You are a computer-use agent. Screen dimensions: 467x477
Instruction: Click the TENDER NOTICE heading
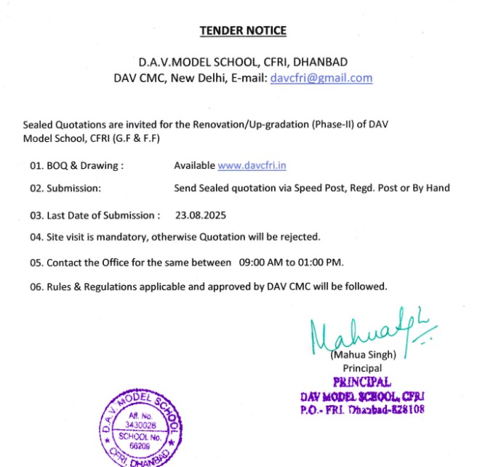243,31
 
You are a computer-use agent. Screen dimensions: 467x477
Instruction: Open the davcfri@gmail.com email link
321,78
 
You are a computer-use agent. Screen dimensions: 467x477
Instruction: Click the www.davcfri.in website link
252,165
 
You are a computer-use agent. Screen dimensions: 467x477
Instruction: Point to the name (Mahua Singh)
363,355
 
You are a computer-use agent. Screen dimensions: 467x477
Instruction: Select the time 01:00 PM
318,262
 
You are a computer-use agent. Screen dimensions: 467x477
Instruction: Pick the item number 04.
36,237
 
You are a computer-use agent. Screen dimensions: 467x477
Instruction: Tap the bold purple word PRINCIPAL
361,382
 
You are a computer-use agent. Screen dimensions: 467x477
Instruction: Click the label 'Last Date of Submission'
101,215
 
